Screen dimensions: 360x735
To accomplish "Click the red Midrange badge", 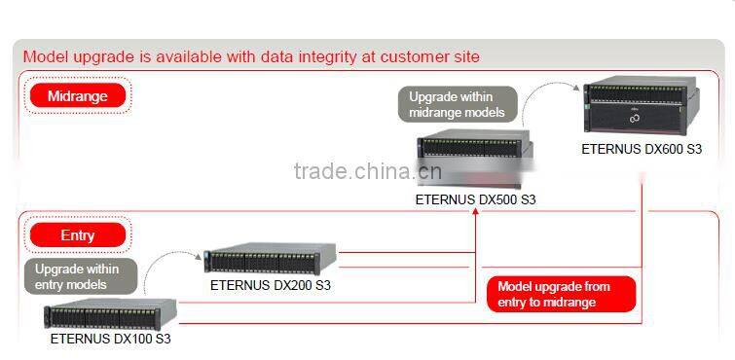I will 77,95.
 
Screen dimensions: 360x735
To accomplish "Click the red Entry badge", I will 77,235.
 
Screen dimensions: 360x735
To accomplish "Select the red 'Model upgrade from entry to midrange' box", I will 560,294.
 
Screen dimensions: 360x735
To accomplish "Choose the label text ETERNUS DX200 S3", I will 270,286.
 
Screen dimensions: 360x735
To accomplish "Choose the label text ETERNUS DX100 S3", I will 110,340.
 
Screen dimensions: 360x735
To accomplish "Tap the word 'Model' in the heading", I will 46,56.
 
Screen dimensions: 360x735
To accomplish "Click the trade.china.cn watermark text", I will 367,173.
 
